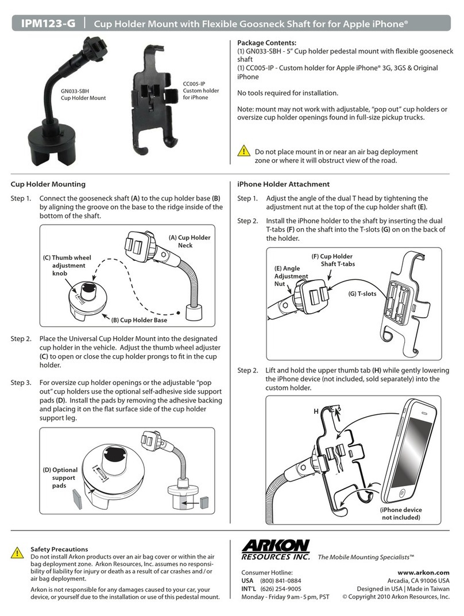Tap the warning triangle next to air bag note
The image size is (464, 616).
pyautogui.click(x=243, y=152)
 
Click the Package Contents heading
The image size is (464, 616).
pyautogui.click(x=266, y=43)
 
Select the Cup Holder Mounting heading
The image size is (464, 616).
pyautogui.click(x=48, y=184)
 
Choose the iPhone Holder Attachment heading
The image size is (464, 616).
pyautogui.click(x=284, y=184)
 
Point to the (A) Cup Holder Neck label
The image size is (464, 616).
pyautogui.click(x=190, y=241)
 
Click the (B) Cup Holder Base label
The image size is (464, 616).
pyautogui.click(x=140, y=320)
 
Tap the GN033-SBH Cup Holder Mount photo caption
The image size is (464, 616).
pyautogui.click(x=83, y=94)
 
